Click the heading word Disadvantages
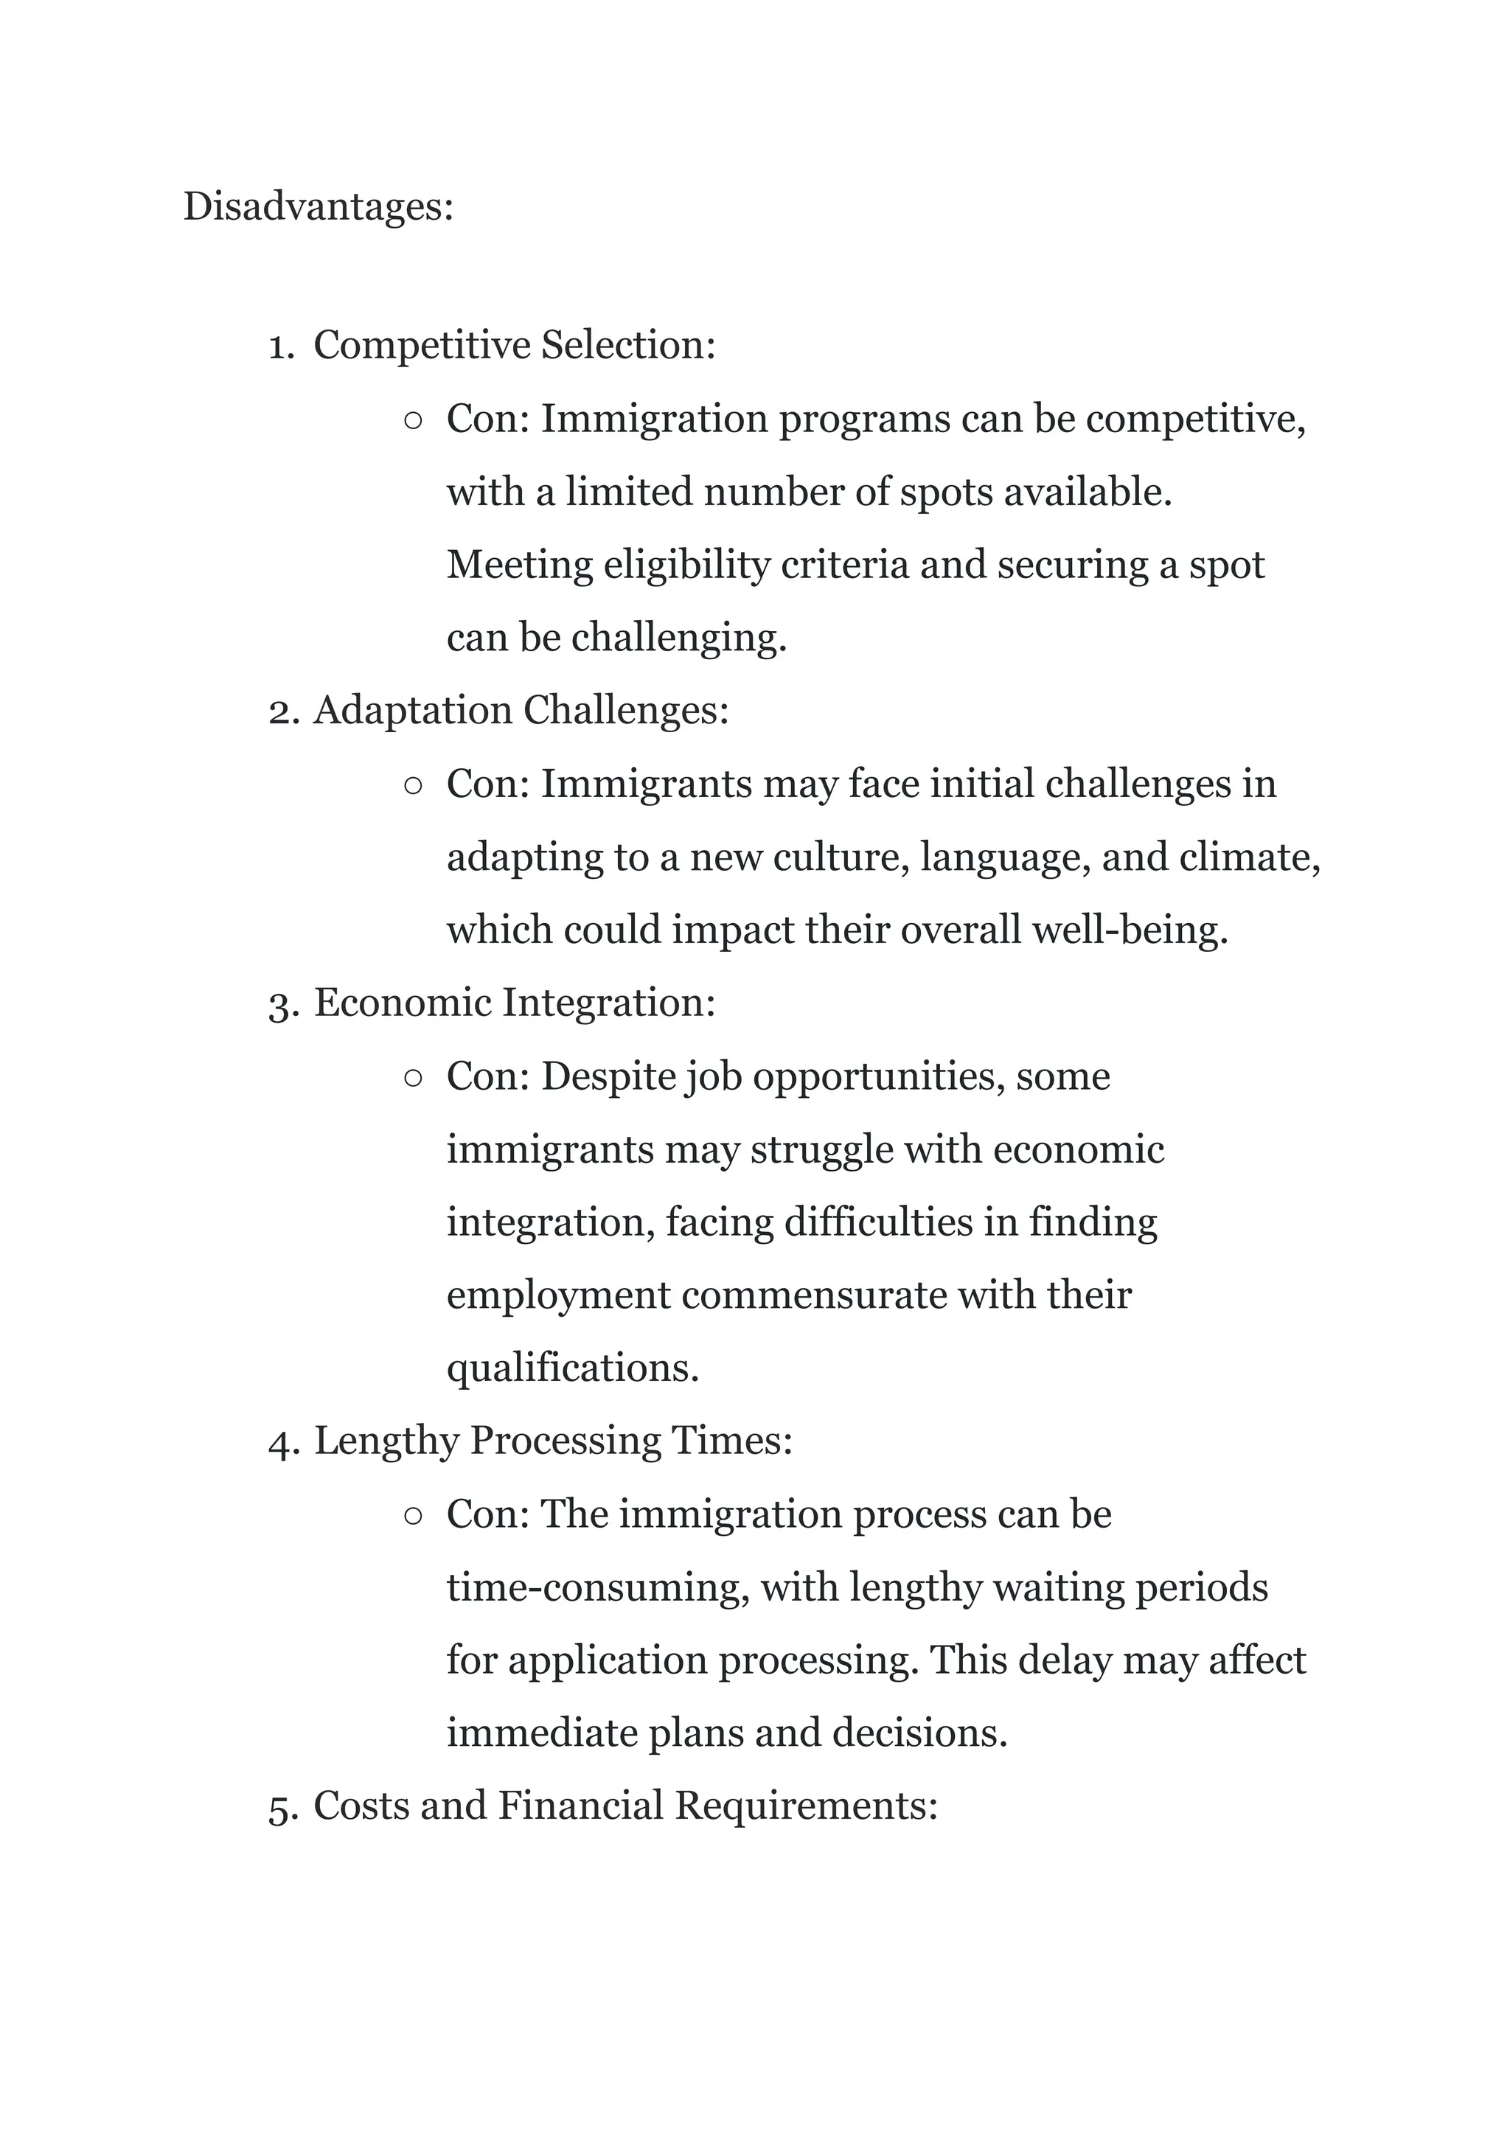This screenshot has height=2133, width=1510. (x=317, y=206)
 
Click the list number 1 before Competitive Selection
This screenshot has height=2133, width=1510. (x=280, y=346)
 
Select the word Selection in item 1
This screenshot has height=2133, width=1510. (x=628, y=345)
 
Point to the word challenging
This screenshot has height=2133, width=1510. (x=679, y=638)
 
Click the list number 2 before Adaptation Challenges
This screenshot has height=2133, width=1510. (x=282, y=711)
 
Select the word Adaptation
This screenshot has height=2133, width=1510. (x=413, y=711)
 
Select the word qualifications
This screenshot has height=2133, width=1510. (x=573, y=1368)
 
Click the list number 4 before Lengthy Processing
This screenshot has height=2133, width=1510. (x=282, y=1442)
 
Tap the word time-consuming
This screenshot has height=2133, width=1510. (x=598, y=1587)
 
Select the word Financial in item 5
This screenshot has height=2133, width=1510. (x=580, y=1806)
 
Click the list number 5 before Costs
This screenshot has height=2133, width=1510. (x=282, y=1808)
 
